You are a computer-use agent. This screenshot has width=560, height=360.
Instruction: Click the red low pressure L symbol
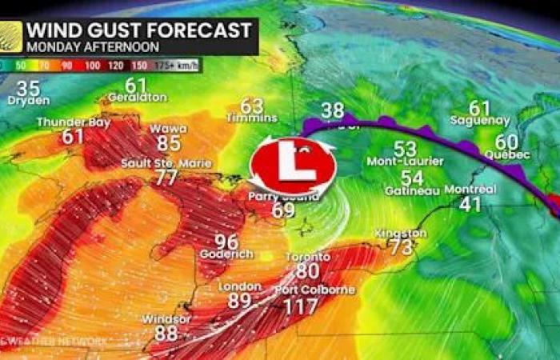pyautogui.click(x=292, y=167)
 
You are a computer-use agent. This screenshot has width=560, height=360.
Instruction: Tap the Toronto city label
pyautogui.click(x=308, y=257)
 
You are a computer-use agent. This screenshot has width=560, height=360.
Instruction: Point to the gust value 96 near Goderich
pyautogui.click(x=226, y=241)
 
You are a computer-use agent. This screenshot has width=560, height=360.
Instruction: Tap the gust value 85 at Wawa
pyautogui.click(x=168, y=144)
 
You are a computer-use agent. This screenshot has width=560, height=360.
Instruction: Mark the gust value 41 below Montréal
pyautogui.click(x=470, y=204)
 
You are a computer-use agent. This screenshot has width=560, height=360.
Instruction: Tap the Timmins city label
pyautogui.click(x=252, y=118)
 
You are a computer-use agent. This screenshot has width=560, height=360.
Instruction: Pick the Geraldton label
pyautogui.click(x=138, y=98)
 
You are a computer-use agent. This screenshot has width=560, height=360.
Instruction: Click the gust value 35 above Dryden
pyautogui.click(x=28, y=89)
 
